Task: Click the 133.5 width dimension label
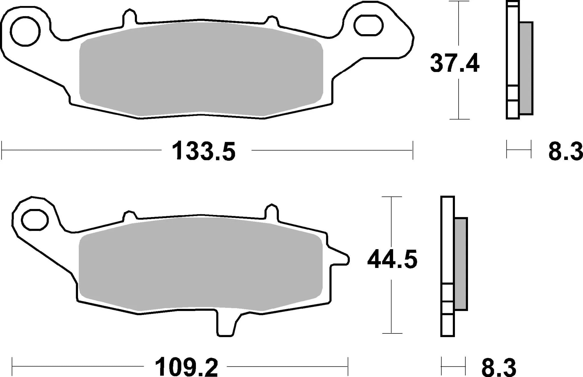[x=204, y=151]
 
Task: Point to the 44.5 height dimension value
[x=392, y=259]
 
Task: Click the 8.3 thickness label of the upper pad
[x=565, y=152]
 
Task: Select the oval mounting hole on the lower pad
[x=34, y=220]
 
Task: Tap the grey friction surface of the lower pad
[x=201, y=263]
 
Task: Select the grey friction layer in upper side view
[x=526, y=68]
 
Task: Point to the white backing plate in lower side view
[x=447, y=242]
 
